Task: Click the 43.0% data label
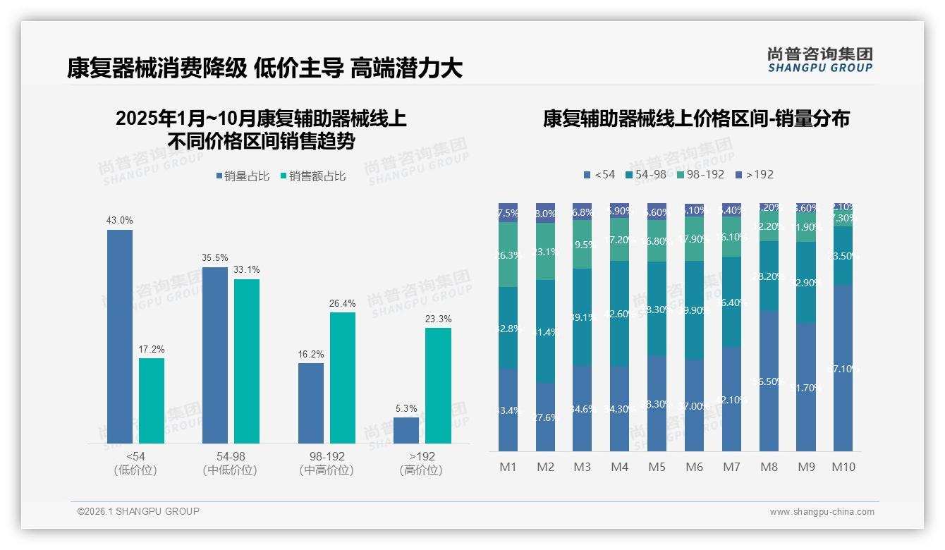119,221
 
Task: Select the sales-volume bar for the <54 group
119,336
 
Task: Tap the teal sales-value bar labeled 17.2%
151,401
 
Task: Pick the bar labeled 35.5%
215,355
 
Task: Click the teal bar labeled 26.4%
343,377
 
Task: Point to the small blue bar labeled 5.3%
406,430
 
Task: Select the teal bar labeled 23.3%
438,385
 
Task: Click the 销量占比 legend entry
243,176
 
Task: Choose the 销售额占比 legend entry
313,176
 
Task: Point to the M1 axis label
508,467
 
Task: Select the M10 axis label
843,467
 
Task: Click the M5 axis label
657,467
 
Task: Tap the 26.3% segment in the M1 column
508,255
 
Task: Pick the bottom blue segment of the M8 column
769,381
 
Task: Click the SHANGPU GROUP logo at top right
819,60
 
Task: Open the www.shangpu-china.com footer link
822,512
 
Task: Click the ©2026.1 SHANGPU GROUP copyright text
138,511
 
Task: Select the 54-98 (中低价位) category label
230,463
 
